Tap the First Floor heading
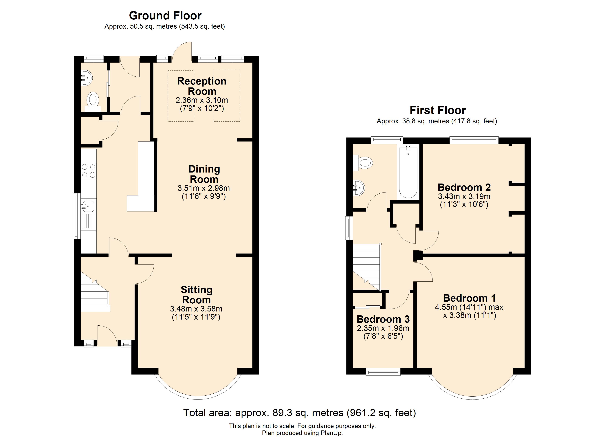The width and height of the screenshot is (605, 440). [438, 110]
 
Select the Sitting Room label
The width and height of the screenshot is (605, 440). [197, 295]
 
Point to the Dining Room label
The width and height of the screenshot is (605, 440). [204, 174]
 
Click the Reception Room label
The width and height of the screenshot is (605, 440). [202, 86]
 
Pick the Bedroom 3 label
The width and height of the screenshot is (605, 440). [383, 319]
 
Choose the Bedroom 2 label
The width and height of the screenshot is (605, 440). [464, 187]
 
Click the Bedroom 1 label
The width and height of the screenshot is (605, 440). [470, 298]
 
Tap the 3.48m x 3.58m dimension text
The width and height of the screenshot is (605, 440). [196, 309]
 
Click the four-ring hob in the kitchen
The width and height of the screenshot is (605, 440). [89, 171]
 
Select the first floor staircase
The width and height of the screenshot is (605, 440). [367, 267]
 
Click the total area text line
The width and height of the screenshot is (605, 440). [300, 413]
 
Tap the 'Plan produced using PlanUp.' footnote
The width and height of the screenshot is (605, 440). [302, 433]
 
